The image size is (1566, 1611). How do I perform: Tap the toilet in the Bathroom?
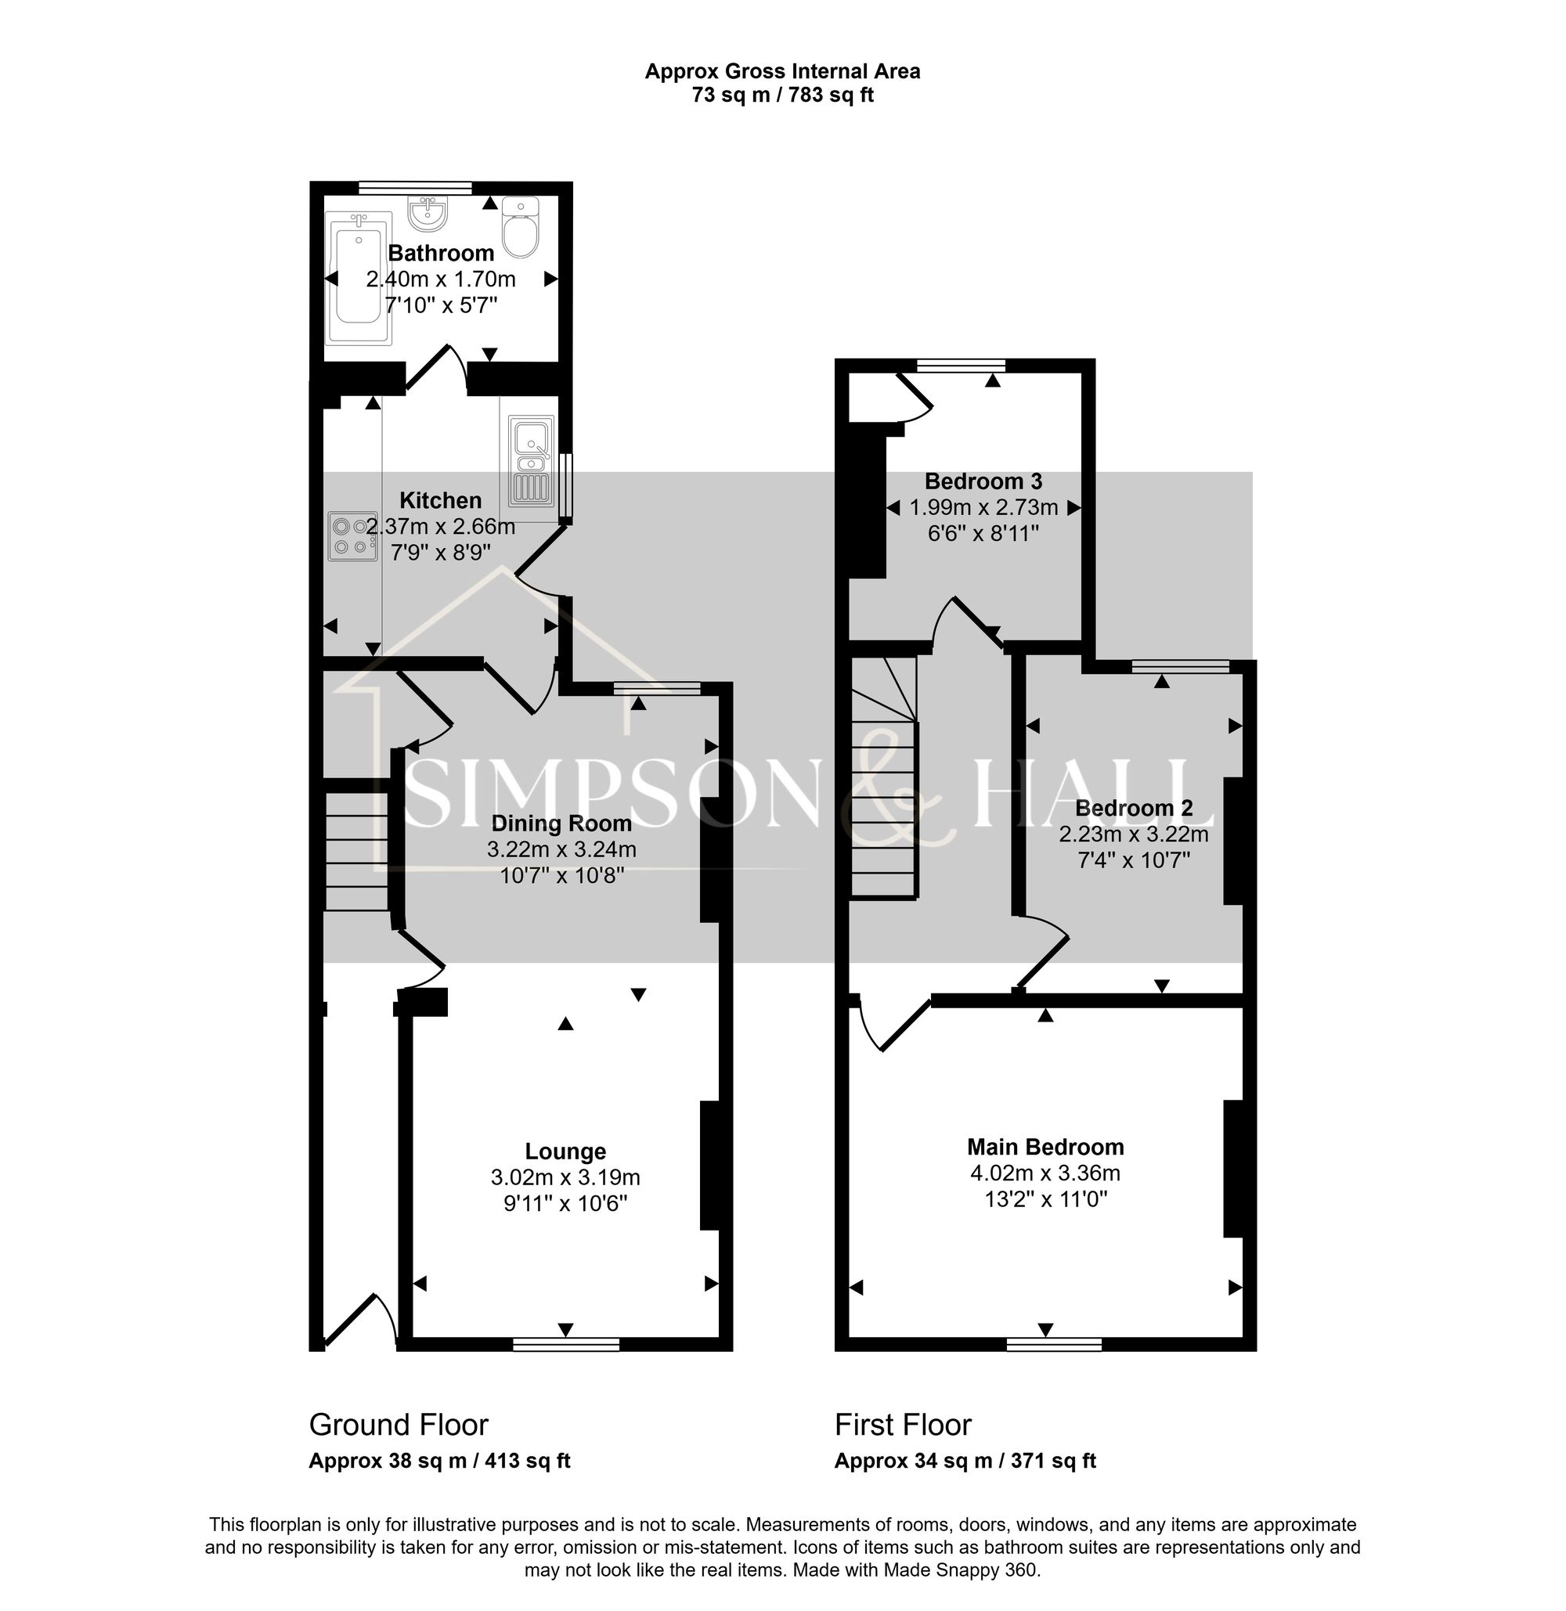pos(520,229)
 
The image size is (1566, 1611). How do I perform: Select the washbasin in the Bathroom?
pos(428,214)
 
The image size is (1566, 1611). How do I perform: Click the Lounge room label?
pos(565,1151)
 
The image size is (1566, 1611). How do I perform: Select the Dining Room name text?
pos(561,824)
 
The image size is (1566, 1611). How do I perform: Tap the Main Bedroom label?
pos(1045,1146)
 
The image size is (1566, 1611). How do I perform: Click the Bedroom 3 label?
pos(983,481)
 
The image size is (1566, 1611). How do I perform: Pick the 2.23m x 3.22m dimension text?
pos(1132,834)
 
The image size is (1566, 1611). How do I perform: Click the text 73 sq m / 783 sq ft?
pos(782,96)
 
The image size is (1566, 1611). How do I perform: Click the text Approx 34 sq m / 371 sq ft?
pos(965,1461)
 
